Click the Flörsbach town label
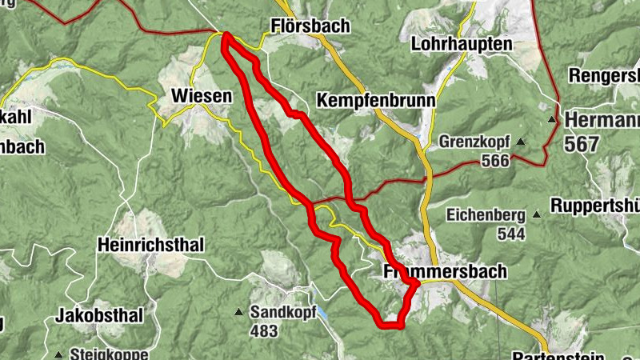(310, 26)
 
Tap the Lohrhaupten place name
(461, 45)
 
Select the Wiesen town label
(202, 97)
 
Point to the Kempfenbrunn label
(376, 101)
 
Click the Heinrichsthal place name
(151, 244)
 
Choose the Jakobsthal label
(99, 316)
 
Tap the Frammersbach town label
(445, 272)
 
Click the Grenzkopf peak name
(475, 143)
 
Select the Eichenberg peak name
(486, 215)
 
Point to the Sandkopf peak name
(278, 312)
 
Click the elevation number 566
(496, 162)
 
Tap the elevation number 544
(510, 234)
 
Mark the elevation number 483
(263, 330)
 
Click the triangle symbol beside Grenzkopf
(521, 142)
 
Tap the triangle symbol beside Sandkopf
(238, 312)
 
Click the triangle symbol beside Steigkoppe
(59, 354)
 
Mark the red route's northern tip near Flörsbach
(226, 36)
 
